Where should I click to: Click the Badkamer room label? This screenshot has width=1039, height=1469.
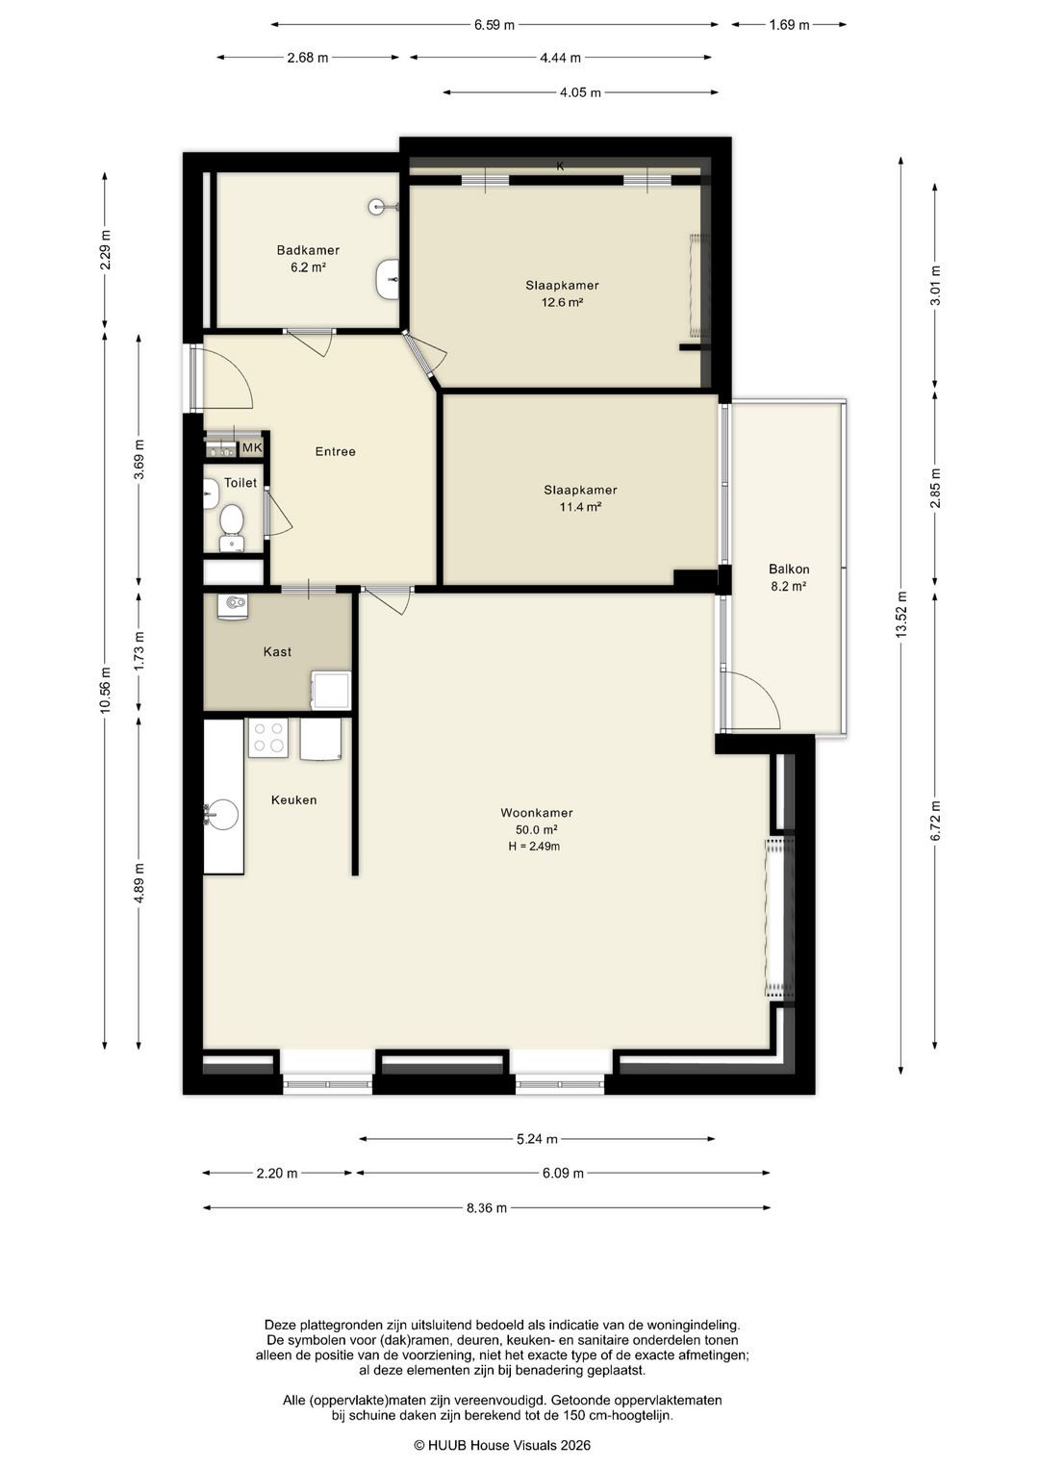(308, 250)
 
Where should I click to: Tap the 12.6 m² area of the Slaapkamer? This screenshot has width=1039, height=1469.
(562, 302)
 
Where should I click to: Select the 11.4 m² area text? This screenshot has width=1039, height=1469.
(580, 507)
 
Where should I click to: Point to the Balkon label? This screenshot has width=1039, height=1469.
(789, 570)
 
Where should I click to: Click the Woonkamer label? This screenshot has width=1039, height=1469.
(537, 813)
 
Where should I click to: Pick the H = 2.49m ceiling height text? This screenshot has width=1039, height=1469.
(534, 847)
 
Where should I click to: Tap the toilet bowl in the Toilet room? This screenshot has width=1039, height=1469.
(231, 519)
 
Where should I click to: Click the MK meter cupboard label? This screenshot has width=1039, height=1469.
(252, 448)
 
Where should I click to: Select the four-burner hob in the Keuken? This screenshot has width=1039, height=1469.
(267, 738)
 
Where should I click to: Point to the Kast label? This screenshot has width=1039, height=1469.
(277, 652)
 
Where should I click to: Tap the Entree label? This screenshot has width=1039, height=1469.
(335, 451)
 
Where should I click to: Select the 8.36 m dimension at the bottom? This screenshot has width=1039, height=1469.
(487, 1207)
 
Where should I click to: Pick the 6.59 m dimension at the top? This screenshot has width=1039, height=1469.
(494, 25)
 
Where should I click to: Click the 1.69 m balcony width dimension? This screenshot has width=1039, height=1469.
(789, 25)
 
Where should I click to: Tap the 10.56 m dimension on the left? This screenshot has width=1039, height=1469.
(105, 690)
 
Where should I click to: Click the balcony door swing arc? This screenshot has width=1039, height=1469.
(764, 689)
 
